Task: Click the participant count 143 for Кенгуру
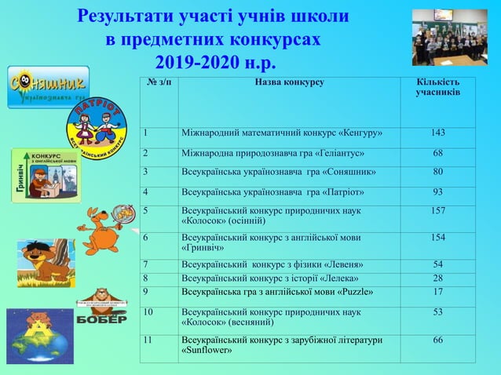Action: [437, 133]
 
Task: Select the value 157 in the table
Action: [437, 211]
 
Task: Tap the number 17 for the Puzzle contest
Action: [437, 293]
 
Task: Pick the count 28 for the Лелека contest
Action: [437, 278]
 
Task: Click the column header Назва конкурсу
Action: [289, 82]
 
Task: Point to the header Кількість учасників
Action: [437, 88]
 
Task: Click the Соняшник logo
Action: [48, 87]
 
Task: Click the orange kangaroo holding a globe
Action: [104, 226]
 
